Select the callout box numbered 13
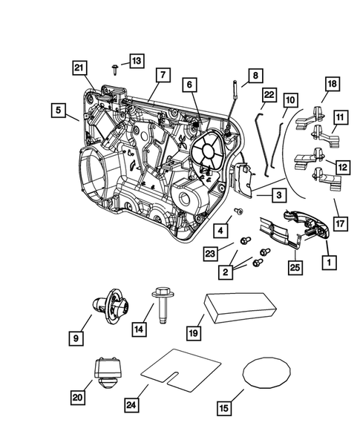tap(136, 59)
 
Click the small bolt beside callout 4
tap(239, 212)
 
